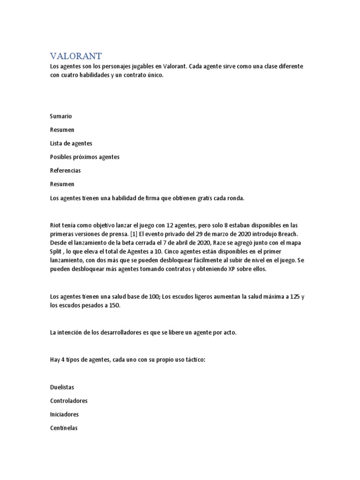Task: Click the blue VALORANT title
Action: pos(75,56)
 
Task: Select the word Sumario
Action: pos(61,116)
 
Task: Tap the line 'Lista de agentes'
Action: pos(71,143)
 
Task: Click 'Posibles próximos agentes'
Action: pos(84,157)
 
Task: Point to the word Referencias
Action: pos(65,171)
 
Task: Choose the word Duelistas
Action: pos(62,388)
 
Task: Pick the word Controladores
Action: pos(68,401)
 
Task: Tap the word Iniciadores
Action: pos(64,415)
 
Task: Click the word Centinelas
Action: pos(64,428)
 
